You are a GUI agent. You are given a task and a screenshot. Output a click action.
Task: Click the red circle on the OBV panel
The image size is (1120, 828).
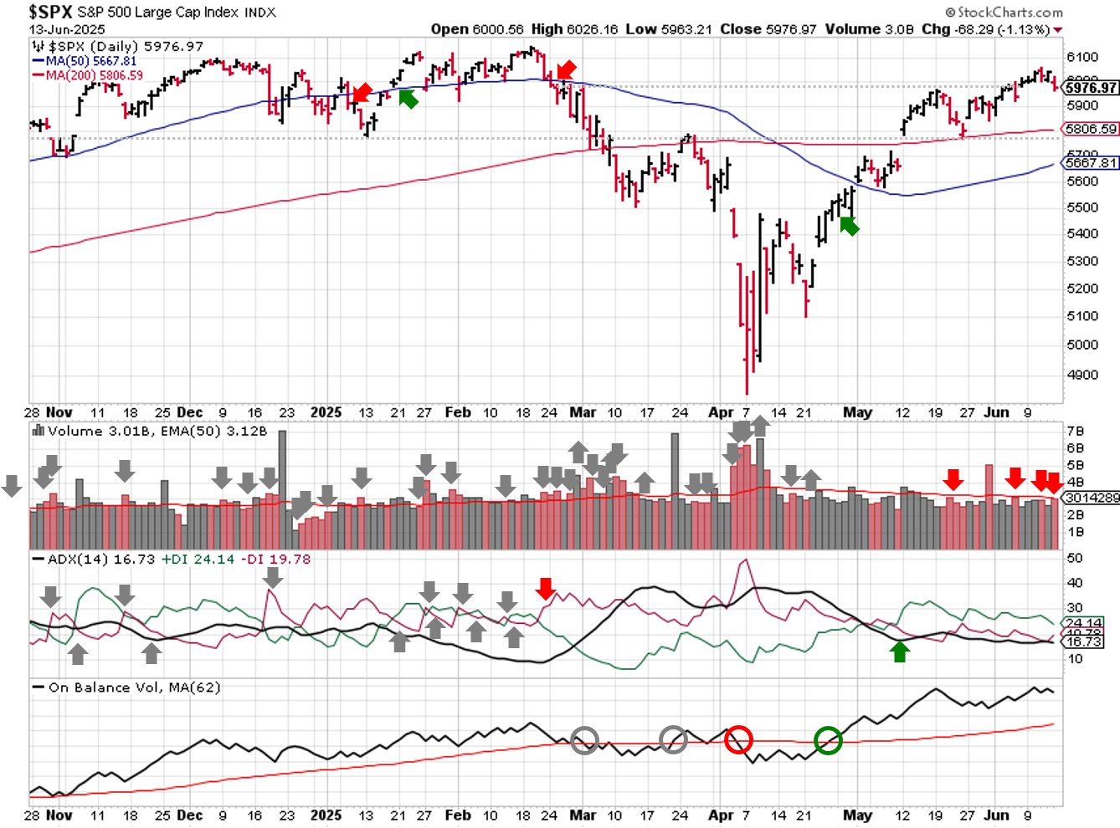tap(738, 740)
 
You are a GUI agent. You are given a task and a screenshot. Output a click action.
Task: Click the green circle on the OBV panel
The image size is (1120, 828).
tap(828, 740)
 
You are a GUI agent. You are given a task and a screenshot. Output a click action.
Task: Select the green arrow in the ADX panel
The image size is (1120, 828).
tap(900, 652)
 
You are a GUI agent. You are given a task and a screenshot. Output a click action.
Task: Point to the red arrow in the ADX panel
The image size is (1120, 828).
tap(546, 589)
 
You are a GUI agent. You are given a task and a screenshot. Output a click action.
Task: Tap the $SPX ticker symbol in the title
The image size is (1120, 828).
tap(50, 13)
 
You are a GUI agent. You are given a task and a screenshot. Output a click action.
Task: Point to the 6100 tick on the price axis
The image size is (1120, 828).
tap(1081, 57)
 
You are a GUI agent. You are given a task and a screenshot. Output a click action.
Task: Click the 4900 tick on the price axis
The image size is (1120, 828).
tap(1081, 375)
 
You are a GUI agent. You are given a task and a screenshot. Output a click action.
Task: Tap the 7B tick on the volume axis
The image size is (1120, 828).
tap(1075, 431)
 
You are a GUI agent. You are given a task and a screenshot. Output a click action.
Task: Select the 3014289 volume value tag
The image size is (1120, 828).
tap(1092, 498)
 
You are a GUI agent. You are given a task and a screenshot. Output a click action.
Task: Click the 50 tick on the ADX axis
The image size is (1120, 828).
tap(1075, 558)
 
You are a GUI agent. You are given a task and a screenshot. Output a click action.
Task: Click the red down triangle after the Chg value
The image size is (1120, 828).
tap(1058, 30)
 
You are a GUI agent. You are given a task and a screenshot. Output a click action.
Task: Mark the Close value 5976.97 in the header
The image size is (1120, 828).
tap(768, 29)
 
